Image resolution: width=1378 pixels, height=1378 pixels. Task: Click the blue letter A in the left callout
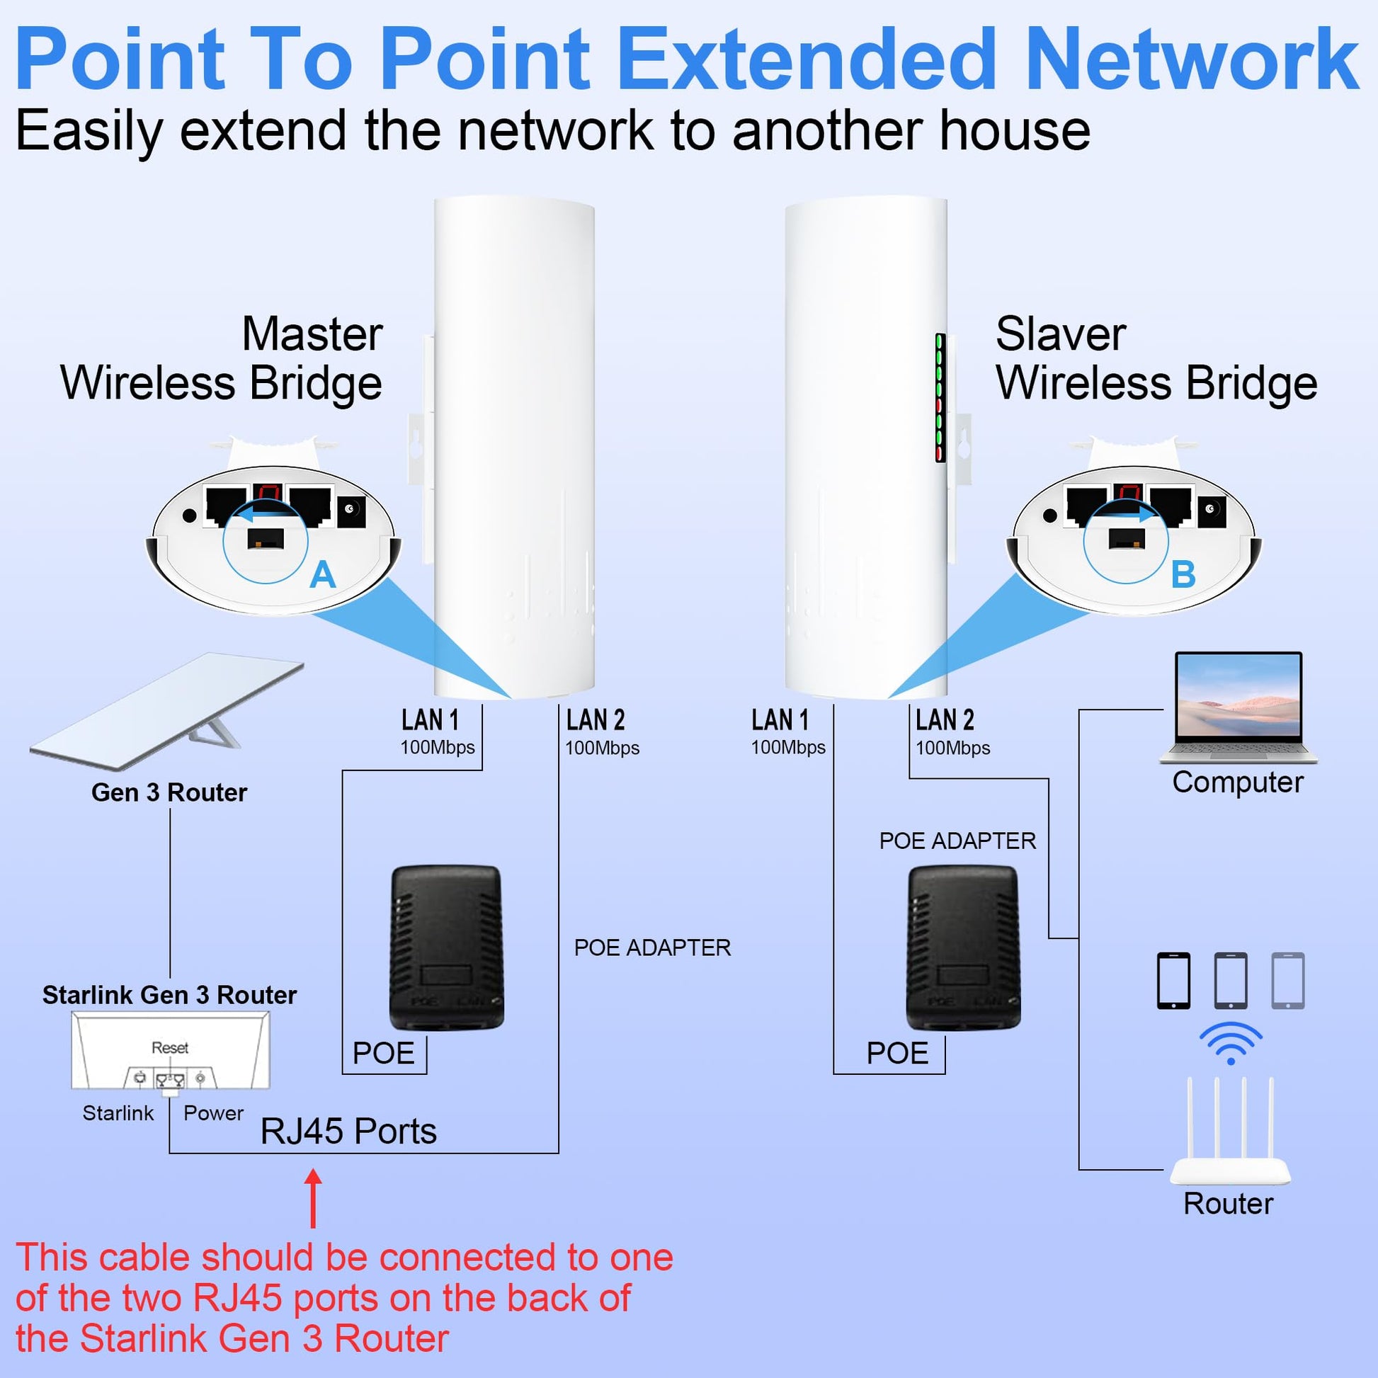pyautogui.click(x=322, y=575)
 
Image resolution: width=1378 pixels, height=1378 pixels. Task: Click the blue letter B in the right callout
pyautogui.click(x=1183, y=575)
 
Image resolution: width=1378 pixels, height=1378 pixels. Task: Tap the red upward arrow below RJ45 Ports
pyautogui.click(x=313, y=1198)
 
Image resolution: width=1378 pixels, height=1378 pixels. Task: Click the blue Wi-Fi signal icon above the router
pyautogui.click(x=1231, y=1042)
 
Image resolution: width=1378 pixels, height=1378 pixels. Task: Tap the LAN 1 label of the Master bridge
pyautogui.click(x=430, y=720)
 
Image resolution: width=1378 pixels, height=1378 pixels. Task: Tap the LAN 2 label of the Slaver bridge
pyautogui.click(x=945, y=720)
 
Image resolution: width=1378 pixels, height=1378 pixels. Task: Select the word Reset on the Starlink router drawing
pyautogui.click(x=170, y=1048)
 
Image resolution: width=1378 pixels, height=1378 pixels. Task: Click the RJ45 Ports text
pyautogui.click(x=348, y=1131)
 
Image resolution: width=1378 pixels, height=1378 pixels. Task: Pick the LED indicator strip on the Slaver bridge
pyautogui.click(x=940, y=397)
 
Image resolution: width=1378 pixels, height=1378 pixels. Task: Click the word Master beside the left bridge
pyautogui.click(x=312, y=334)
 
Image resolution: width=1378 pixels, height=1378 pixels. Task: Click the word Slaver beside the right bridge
pyautogui.click(x=1061, y=334)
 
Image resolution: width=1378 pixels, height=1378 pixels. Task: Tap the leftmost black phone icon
pyautogui.click(x=1173, y=981)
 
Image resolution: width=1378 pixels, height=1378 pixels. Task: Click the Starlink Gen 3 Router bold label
pyautogui.click(x=170, y=995)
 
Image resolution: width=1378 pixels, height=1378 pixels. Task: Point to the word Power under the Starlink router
pyautogui.click(x=213, y=1112)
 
